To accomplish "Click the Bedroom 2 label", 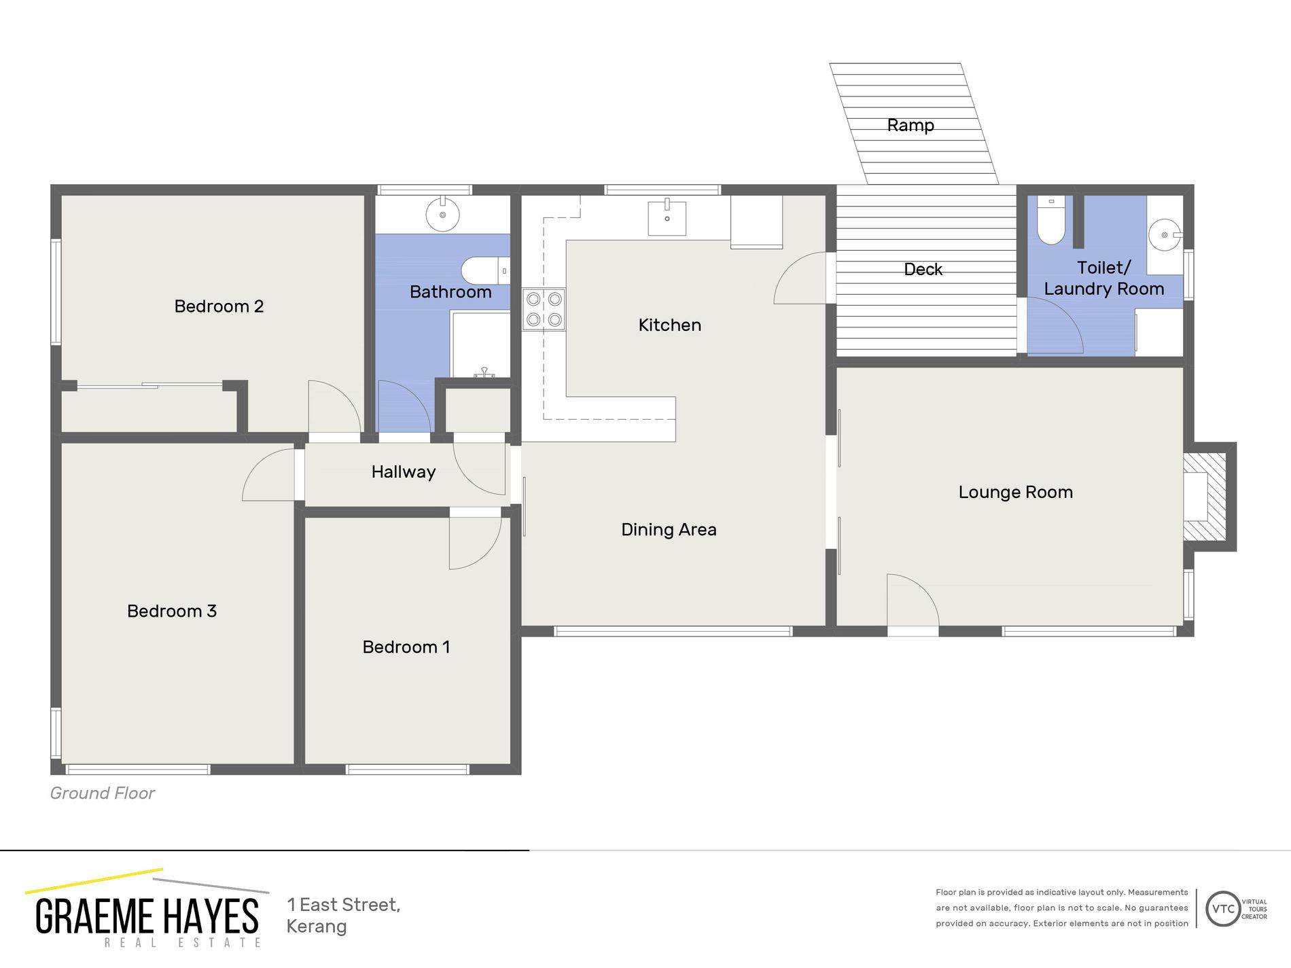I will [x=218, y=306].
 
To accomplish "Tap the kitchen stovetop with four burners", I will [x=544, y=309].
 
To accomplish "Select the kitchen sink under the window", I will [x=667, y=218].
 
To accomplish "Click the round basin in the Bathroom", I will [x=442, y=215].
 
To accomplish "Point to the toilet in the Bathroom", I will [x=484, y=270].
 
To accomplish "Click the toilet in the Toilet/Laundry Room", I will [x=1050, y=221].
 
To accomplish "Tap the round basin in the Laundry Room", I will [x=1164, y=235].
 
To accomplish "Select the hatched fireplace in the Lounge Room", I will [x=1205, y=497].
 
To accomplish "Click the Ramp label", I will [x=910, y=125].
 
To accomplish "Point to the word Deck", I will [x=923, y=270].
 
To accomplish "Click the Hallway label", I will [x=403, y=472].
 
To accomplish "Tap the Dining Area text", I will [x=669, y=530].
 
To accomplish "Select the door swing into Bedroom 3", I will [x=270, y=475].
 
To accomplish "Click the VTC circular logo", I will [x=1223, y=909].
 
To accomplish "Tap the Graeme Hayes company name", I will [x=147, y=916].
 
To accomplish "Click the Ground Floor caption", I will [x=103, y=793].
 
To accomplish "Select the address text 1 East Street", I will [x=343, y=905].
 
